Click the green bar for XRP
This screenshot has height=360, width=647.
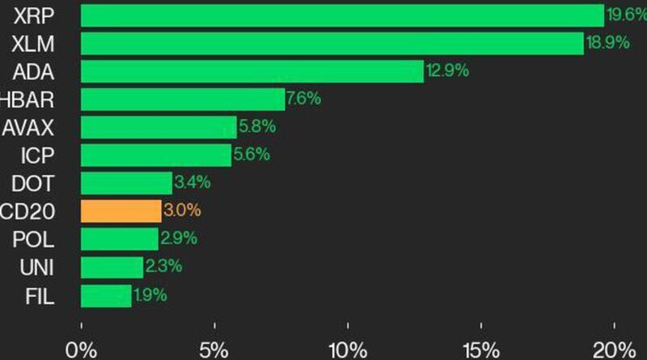[342, 15]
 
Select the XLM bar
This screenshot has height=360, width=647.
[332, 43]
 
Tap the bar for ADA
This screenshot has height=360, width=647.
[252, 71]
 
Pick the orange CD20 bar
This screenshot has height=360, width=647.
[121, 211]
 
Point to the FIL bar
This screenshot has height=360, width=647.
[106, 295]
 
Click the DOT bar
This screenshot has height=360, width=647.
[126, 183]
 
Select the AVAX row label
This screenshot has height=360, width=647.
[28, 127]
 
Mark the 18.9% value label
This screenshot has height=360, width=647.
[607, 43]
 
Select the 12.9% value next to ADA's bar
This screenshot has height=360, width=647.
[447, 71]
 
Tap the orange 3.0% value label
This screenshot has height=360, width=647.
[182, 211]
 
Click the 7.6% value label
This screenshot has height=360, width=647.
[304, 100]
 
